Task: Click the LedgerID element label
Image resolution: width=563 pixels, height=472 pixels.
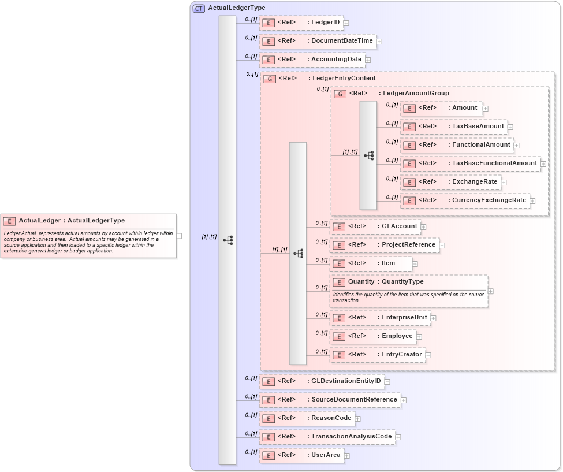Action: click(325, 23)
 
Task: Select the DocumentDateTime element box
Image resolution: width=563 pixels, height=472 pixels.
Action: click(318, 41)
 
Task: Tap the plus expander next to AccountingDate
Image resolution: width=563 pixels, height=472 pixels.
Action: click(368, 60)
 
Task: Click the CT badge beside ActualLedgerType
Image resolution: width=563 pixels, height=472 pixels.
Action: click(199, 8)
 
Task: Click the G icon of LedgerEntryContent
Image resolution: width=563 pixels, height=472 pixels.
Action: click(269, 79)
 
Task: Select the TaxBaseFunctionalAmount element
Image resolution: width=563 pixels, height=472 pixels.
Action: click(470, 163)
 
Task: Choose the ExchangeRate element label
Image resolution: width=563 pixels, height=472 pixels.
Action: click(475, 181)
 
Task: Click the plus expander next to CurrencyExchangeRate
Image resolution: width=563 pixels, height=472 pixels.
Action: click(532, 200)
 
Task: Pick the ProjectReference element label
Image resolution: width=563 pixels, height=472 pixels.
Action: click(408, 244)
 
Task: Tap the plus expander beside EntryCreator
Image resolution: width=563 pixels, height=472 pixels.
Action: click(428, 355)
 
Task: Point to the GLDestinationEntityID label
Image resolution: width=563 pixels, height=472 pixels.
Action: click(346, 381)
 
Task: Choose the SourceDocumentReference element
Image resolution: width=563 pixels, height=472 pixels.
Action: click(329, 400)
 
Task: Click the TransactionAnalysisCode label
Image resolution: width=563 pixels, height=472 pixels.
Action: click(351, 436)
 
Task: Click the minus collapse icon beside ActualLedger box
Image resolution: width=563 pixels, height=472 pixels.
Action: click(179, 236)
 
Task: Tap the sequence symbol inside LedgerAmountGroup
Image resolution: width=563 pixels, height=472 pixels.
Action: click(368, 155)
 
